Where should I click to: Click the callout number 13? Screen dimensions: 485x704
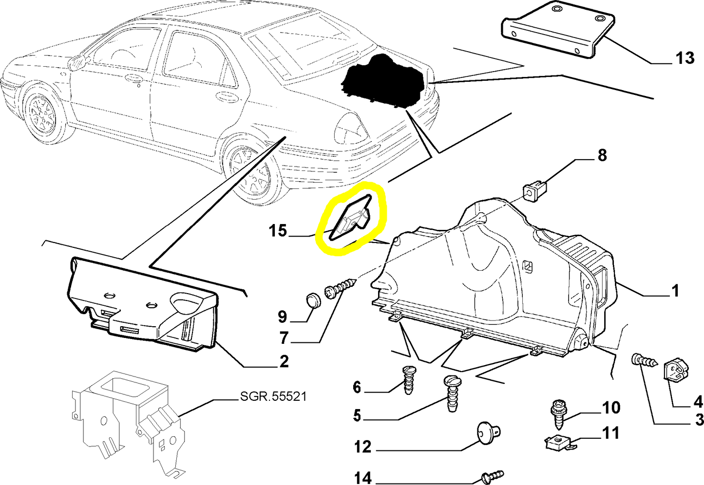tap(685, 58)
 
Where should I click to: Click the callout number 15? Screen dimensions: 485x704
tap(278, 230)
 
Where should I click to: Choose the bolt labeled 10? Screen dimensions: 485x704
tap(557, 411)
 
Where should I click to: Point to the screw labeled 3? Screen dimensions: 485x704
tap(644, 361)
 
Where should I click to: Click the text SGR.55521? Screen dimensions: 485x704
tap(273, 396)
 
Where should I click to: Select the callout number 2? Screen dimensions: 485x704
tap(284, 361)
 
